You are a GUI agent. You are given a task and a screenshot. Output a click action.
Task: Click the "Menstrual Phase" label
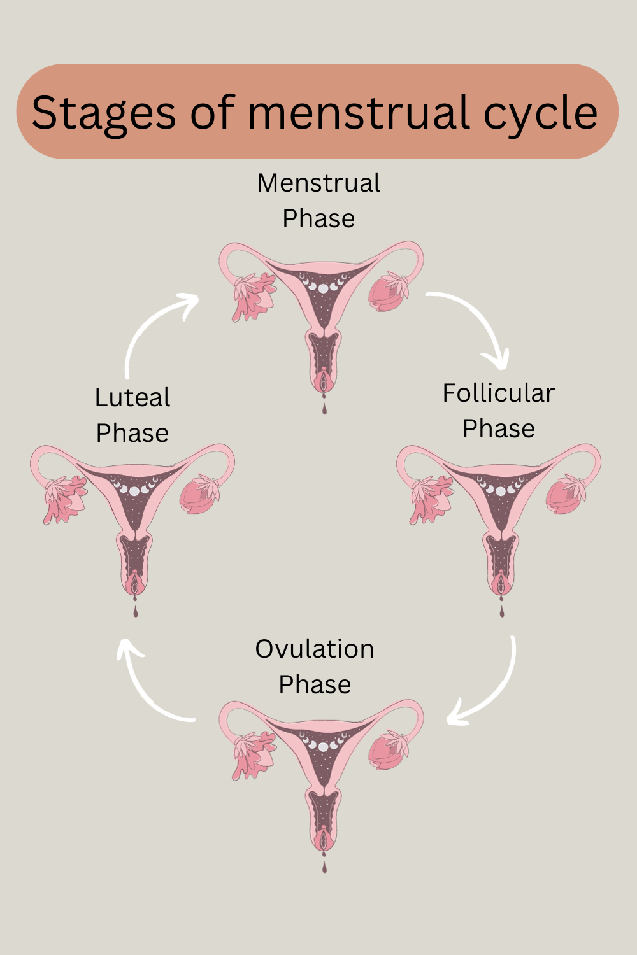click(x=318, y=201)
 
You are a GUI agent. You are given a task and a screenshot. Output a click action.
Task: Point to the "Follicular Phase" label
click(x=498, y=411)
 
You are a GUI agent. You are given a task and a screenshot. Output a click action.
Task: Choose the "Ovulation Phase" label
click(x=315, y=667)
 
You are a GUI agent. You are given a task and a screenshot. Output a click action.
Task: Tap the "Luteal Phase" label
click(x=132, y=415)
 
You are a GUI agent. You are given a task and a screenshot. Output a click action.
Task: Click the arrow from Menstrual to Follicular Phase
click(x=478, y=325)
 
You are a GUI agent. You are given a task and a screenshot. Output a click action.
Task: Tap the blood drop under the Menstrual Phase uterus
click(x=324, y=408)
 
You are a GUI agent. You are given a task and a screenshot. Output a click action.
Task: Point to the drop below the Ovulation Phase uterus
click(x=324, y=867)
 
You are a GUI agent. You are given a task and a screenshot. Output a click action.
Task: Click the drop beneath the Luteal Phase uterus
click(x=135, y=611)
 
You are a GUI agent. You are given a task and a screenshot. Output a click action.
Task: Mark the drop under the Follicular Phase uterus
click(x=502, y=611)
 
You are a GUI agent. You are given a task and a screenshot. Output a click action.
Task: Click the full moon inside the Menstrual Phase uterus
click(x=323, y=288)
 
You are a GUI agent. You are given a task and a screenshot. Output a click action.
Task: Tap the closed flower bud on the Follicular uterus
click(x=566, y=494)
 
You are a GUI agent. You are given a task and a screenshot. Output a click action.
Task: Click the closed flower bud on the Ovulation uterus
click(x=389, y=750)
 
